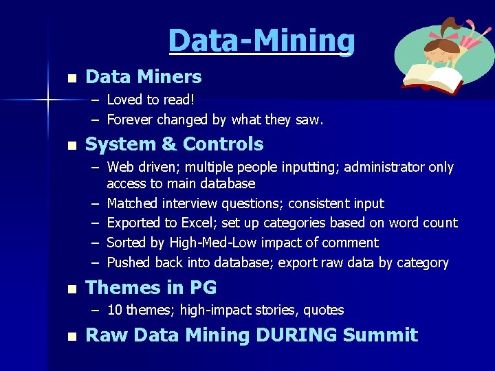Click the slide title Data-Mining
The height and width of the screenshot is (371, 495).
pos(261,41)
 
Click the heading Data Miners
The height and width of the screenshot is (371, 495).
pos(143,77)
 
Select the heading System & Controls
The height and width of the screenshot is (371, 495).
pos(174,144)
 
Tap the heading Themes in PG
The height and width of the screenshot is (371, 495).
pos(151,287)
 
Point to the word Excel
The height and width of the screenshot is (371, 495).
pos(199,223)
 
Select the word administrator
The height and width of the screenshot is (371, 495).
pos(388,167)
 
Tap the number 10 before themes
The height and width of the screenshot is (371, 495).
pos(114,310)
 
